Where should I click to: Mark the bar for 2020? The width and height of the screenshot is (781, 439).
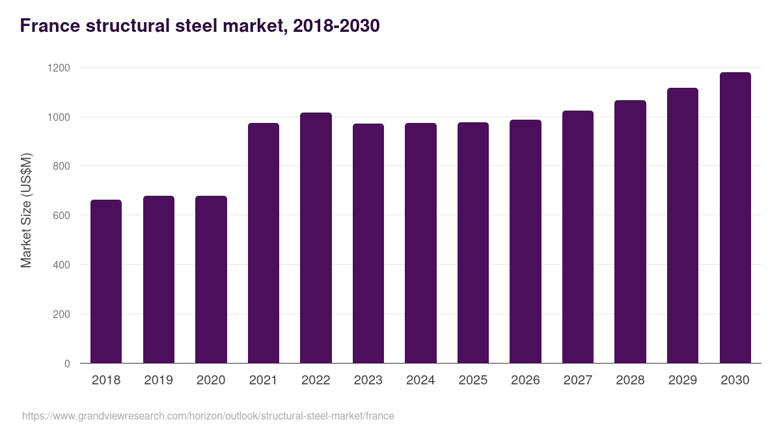pos(211,279)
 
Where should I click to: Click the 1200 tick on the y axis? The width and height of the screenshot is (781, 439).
pos(59,68)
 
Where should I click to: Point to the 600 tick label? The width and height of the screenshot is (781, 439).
pos(61,215)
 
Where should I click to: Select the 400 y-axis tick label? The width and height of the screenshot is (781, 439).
pos(61,265)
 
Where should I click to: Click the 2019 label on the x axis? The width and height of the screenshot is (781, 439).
pos(158,380)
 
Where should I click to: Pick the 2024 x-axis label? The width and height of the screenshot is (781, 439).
pos(420,380)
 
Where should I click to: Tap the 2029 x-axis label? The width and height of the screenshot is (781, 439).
pos(682,380)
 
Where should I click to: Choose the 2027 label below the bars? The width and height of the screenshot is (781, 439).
pos(577,380)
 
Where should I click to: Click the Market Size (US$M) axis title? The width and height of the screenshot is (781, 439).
pos(26,210)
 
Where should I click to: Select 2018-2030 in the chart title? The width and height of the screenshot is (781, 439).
pos(336,26)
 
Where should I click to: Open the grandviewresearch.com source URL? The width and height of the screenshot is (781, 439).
pos(208,416)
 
